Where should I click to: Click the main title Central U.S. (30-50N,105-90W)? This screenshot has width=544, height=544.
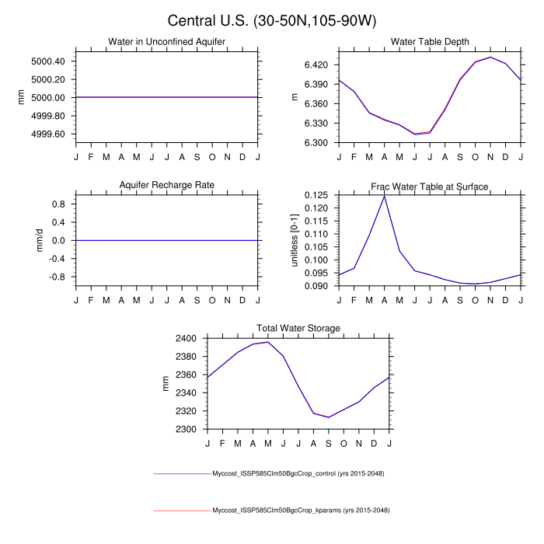pos(272,20)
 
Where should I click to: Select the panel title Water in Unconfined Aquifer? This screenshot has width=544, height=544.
pos(166,41)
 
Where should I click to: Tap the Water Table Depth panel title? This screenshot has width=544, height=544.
pos(430,41)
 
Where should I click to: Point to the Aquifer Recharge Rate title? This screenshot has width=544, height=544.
pos(166,186)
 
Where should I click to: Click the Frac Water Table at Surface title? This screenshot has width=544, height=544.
pos(430,186)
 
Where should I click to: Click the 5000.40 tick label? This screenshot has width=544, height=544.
pos(49,61)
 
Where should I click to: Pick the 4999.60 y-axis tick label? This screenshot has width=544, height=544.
pos(49,134)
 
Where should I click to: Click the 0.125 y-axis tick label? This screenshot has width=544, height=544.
pos(317,195)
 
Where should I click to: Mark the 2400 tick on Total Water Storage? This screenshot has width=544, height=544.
pos(187,339)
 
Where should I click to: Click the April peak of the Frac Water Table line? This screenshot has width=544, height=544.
pos(384,196)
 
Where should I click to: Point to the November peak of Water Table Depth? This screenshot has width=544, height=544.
pos(490,57)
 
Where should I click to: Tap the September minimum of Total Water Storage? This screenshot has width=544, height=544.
pos(329,417)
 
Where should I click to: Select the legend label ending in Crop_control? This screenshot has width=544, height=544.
pos(299,473)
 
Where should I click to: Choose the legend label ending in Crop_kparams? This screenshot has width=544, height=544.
pos(301,511)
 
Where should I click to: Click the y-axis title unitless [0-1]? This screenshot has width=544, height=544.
pos(295,240)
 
